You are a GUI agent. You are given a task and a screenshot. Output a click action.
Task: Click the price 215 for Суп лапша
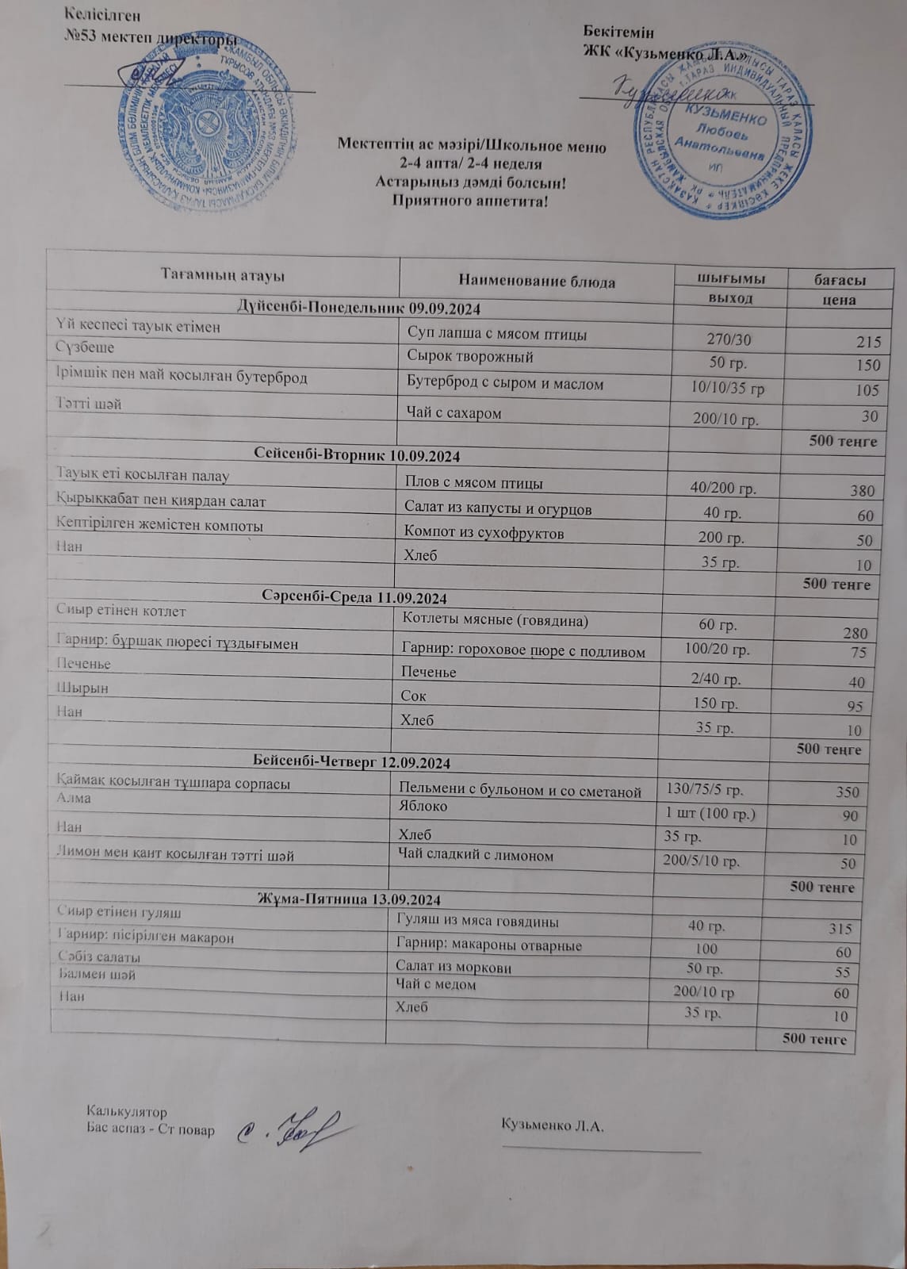point(868,343)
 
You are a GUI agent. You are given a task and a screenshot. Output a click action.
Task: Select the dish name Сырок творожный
point(469,357)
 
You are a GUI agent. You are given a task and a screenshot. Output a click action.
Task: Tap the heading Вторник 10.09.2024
point(358,456)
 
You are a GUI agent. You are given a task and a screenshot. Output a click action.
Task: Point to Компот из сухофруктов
point(484,533)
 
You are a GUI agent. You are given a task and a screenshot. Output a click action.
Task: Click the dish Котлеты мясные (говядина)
point(496,620)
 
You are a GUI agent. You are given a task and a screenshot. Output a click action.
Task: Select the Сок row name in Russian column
point(414,696)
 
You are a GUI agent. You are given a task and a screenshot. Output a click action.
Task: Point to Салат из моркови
point(453,968)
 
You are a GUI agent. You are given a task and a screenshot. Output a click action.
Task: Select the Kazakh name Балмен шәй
point(98,975)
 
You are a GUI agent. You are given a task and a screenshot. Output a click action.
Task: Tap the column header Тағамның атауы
point(223,275)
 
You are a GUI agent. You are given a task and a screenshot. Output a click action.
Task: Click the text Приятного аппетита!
point(470,200)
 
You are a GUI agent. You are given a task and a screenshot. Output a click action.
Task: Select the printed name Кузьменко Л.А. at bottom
point(553,1125)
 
